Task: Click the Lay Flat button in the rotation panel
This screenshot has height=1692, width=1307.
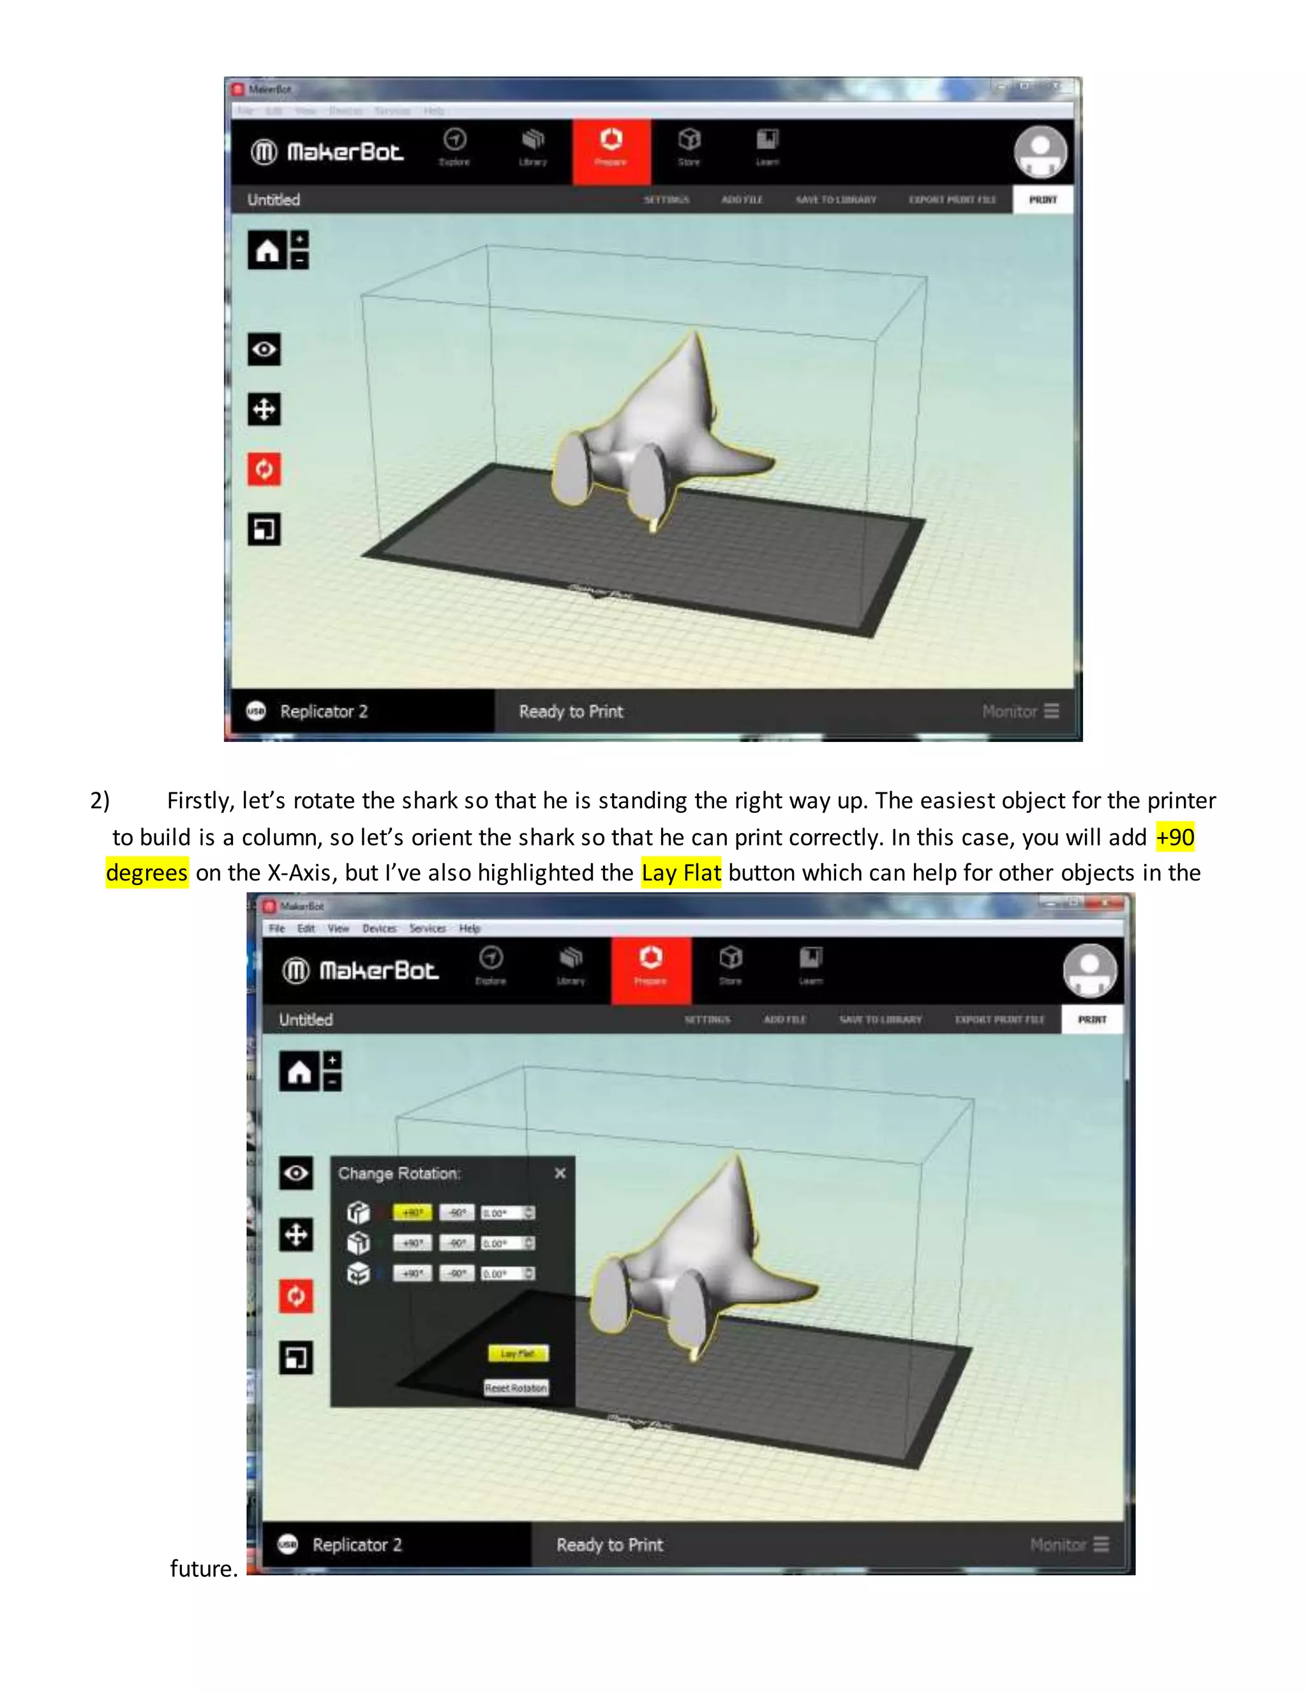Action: (517, 1354)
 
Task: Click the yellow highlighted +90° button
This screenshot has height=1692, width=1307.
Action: (412, 1212)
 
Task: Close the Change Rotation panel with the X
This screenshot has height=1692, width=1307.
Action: (560, 1174)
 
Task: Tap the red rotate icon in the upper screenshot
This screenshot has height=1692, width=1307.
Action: (264, 469)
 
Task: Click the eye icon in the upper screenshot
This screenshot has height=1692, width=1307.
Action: (264, 349)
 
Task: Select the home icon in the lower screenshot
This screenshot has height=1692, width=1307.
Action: (299, 1072)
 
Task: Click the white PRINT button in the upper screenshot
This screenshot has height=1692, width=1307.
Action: (1042, 200)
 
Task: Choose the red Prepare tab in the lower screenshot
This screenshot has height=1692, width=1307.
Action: (650, 969)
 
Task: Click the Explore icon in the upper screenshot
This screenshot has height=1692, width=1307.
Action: (454, 146)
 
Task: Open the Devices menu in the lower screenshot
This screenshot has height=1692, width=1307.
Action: (378, 928)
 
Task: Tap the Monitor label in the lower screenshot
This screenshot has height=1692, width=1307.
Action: (1057, 1545)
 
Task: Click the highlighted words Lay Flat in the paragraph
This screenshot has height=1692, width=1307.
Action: (680, 873)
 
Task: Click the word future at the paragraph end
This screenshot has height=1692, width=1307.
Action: (203, 1569)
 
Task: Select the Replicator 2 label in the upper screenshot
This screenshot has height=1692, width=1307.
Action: (324, 711)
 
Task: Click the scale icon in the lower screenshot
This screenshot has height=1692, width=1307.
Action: (295, 1357)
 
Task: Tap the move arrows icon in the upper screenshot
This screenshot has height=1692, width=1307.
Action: (264, 409)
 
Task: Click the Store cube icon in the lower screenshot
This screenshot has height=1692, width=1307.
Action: (730, 965)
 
